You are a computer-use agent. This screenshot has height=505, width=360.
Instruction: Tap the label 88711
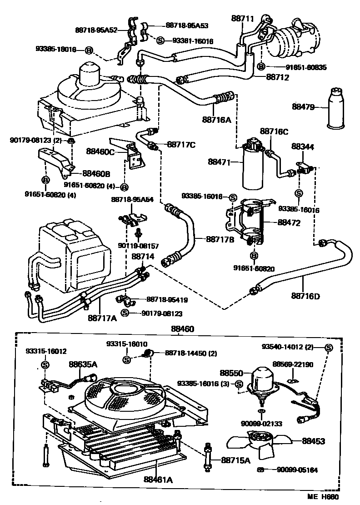(243, 19)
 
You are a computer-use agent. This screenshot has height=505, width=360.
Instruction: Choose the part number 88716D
(305, 296)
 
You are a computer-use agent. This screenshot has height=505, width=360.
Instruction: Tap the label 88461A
(156, 479)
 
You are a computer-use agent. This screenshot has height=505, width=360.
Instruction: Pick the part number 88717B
(220, 238)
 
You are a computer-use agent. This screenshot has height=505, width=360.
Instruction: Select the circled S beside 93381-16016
(160, 40)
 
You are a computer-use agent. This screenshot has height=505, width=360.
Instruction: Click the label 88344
(303, 147)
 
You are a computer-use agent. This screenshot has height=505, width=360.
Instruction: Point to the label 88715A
(236, 460)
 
